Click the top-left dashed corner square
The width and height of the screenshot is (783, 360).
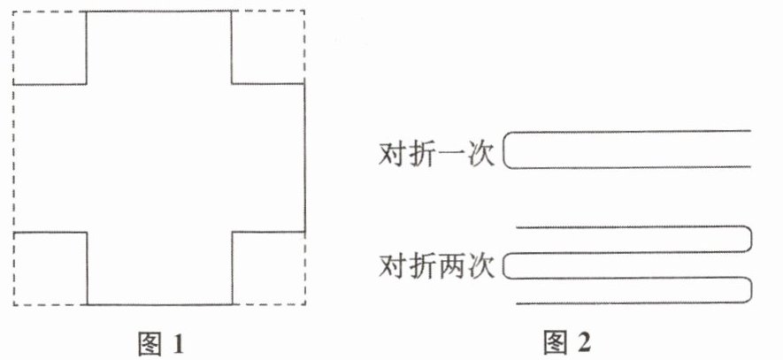50,48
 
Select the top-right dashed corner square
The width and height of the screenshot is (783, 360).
268,47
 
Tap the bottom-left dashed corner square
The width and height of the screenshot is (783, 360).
50,268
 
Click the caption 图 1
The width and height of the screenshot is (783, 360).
160,341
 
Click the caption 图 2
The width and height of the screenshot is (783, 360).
565,341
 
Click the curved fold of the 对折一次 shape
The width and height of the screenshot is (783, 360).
505,149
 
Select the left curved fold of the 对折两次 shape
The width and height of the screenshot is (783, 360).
505,265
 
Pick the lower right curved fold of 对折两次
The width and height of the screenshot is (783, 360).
751,290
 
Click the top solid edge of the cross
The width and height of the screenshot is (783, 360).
158,11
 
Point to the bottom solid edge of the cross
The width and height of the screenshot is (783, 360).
158,305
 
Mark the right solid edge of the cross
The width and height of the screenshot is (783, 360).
305,157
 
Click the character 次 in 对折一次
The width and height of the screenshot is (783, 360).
483,152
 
